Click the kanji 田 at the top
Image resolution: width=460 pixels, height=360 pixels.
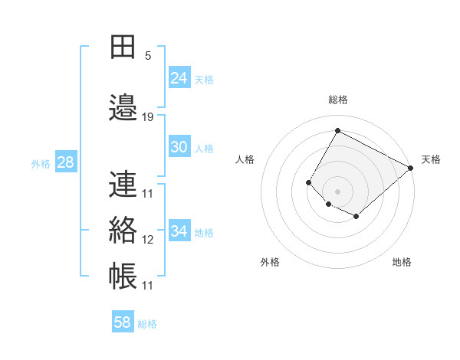(x=123, y=47)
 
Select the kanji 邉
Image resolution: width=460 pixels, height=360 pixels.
(x=123, y=107)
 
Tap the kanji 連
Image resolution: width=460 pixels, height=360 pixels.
(x=123, y=185)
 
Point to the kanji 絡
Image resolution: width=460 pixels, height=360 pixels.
(x=123, y=230)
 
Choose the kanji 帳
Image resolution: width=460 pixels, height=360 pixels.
(x=123, y=277)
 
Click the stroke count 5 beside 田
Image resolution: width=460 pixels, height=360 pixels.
(x=148, y=56)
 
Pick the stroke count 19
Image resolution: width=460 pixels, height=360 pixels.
(x=148, y=116)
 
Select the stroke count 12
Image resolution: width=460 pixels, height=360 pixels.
(x=148, y=240)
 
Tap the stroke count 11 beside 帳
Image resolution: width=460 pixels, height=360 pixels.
(x=148, y=286)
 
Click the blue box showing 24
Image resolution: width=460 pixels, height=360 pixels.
(x=179, y=77)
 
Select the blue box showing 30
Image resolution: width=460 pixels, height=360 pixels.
(x=179, y=147)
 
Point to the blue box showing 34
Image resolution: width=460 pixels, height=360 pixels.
(x=179, y=231)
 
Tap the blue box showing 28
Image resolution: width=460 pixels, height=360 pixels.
(x=65, y=162)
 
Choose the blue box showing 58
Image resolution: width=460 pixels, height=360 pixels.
(x=123, y=322)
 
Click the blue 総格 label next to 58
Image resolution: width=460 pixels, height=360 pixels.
(x=148, y=324)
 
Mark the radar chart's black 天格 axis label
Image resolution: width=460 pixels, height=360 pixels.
(x=431, y=159)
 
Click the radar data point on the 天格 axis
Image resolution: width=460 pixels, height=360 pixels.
(x=411, y=168)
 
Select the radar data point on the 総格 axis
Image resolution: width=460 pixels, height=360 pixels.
(x=337, y=130)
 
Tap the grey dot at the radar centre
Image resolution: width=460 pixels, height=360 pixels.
(x=337, y=191)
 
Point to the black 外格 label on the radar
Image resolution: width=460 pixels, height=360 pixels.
(x=270, y=262)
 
